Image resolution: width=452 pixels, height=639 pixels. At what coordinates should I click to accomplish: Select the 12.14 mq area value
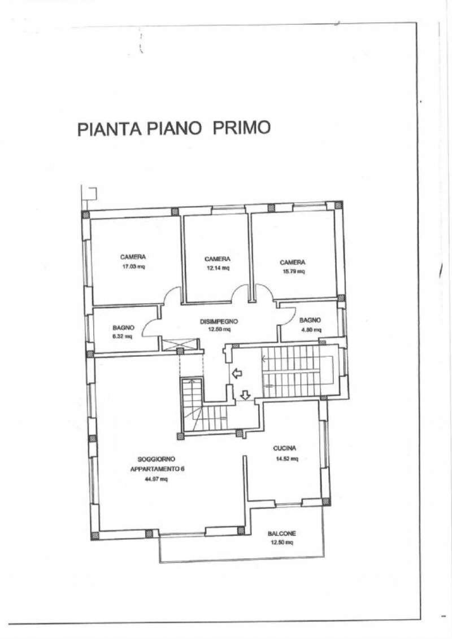tap(217, 268)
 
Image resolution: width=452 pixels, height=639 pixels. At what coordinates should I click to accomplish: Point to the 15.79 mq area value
tap(293, 272)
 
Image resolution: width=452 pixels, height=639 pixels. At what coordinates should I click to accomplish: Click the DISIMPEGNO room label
tap(219, 321)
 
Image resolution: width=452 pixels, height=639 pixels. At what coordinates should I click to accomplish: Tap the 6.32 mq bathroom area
tap(122, 336)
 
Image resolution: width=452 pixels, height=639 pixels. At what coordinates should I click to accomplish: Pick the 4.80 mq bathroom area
tap(310, 330)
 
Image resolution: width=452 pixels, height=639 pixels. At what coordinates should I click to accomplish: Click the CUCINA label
tap(285, 448)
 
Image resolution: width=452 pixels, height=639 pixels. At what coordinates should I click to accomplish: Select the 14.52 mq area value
tap(286, 458)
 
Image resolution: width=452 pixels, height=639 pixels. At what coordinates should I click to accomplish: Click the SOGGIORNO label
tap(156, 459)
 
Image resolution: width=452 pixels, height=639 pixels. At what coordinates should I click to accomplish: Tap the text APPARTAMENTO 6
tap(157, 469)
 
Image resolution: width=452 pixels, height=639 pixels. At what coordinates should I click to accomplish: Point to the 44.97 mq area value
tap(156, 479)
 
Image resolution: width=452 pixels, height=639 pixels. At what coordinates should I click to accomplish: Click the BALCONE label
tap(282, 533)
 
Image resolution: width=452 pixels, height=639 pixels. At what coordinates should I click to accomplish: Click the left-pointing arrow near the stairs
tap(237, 373)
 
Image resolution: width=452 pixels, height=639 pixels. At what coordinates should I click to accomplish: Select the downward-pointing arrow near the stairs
tap(245, 395)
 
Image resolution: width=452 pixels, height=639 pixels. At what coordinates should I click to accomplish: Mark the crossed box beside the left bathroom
tap(181, 343)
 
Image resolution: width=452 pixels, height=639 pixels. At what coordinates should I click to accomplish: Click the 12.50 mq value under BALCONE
tap(282, 542)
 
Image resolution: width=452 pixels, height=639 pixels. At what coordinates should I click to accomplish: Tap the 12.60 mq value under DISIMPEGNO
tap(219, 330)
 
